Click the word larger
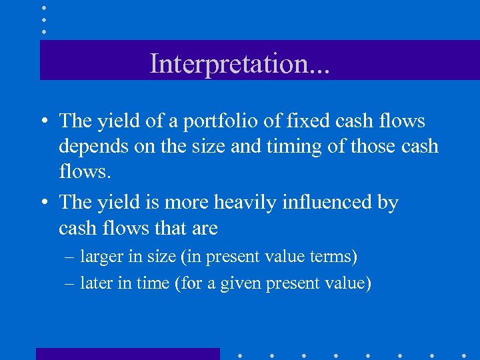99,257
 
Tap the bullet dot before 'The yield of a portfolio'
43,122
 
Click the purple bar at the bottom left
127,353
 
